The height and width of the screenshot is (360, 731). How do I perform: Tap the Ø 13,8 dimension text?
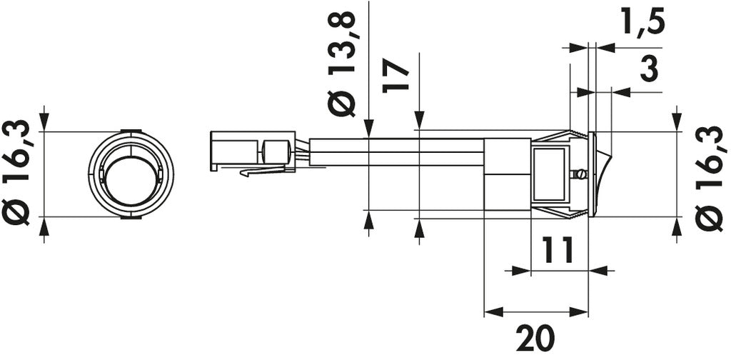click(342, 64)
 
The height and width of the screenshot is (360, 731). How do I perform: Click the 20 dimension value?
click(535, 337)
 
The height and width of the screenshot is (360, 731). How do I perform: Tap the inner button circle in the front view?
click(131, 181)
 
